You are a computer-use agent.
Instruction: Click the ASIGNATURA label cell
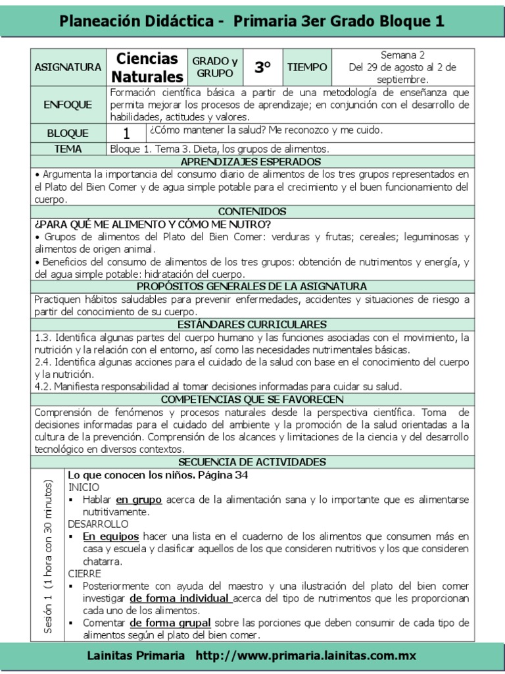[x=68, y=67]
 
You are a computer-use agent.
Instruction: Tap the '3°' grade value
[x=263, y=67]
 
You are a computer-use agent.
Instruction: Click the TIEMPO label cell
[x=306, y=67]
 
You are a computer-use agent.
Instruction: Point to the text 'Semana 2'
[x=403, y=55]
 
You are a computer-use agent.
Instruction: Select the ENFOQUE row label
[x=68, y=105]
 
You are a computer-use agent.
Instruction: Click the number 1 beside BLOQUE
[x=126, y=133]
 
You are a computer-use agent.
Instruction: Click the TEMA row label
[x=68, y=149]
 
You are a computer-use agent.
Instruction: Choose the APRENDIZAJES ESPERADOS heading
[x=251, y=161]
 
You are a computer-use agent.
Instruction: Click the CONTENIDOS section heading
[x=252, y=211]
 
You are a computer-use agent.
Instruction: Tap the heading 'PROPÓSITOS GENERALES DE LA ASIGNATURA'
[x=252, y=286]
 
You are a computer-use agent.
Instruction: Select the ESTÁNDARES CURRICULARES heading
[x=252, y=324]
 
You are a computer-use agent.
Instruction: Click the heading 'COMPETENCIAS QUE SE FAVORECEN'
[x=252, y=400]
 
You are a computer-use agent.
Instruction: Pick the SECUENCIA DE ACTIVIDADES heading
[x=252, y=462]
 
